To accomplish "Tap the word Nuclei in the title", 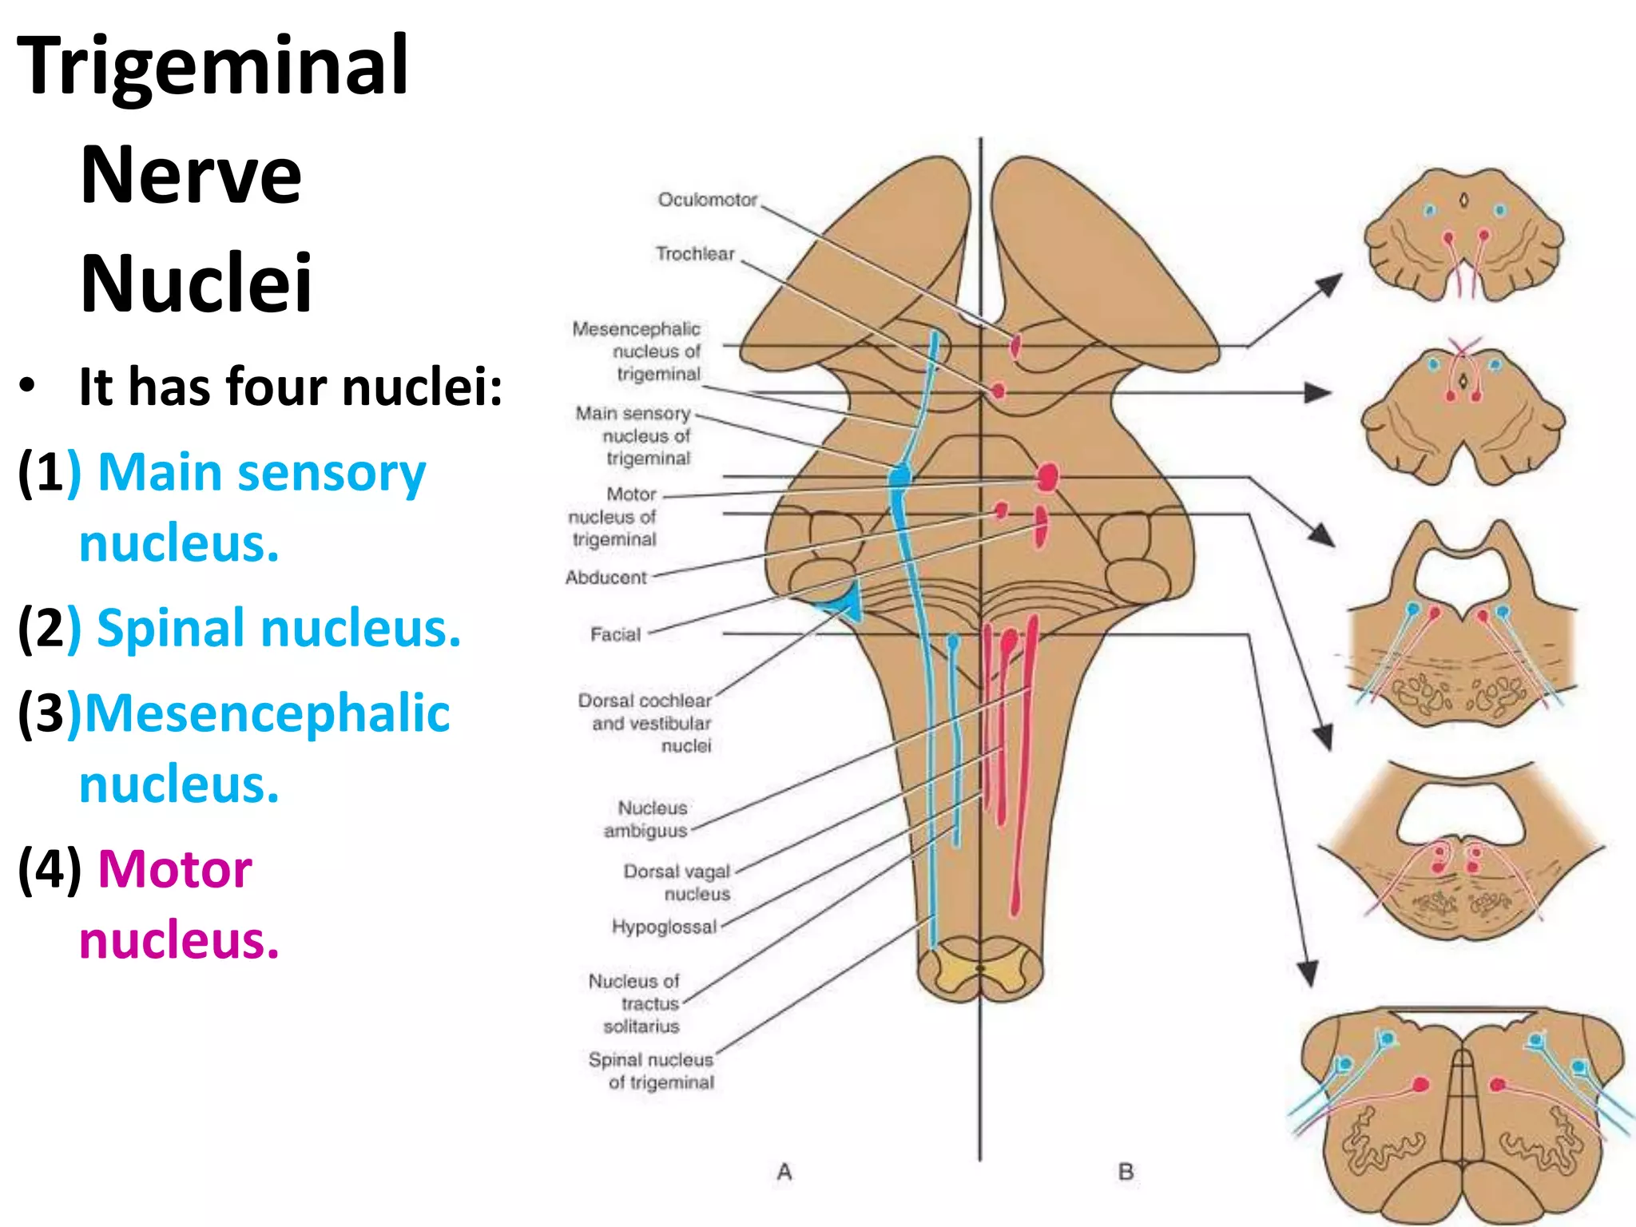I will point(197,284).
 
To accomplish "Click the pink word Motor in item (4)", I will point(174,869).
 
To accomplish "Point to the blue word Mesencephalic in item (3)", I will point(267,713).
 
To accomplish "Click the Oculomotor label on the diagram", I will point(707,200).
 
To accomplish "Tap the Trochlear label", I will point(694,254).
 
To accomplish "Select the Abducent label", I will point(606,578).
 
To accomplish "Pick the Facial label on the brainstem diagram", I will point(615,634).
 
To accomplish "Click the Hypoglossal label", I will point(664,927).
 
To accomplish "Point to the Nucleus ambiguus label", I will point(647,820).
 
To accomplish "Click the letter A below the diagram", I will point(784,1172).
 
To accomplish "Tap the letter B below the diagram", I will point(1126,1172).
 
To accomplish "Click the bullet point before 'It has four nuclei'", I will point(28,387).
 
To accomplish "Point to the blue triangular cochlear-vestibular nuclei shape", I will point(847,602).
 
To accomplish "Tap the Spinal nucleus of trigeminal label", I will point(652,1070).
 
